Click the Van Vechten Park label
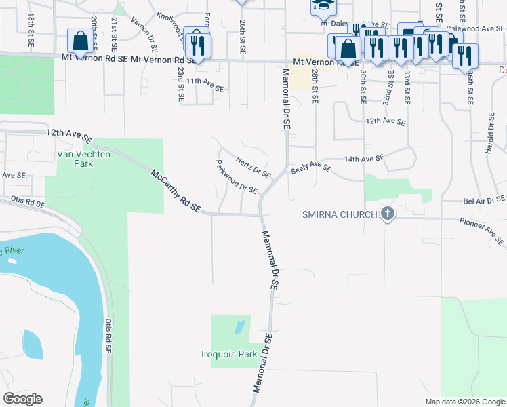(x=75, y=159)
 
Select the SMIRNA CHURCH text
(x=339, y=215)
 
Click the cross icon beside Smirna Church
(x=388, y=215)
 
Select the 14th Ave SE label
(x=364, y=157)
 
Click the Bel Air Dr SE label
(x=484, y=199)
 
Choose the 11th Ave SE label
(x=205, y=84)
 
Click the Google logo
(x=22, y=399)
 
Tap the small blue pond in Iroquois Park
(x=239, y=328)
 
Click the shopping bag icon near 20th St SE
(x=81, y=40)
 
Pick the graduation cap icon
(x=322, y=6)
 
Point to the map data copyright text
(x=464, y=402)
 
